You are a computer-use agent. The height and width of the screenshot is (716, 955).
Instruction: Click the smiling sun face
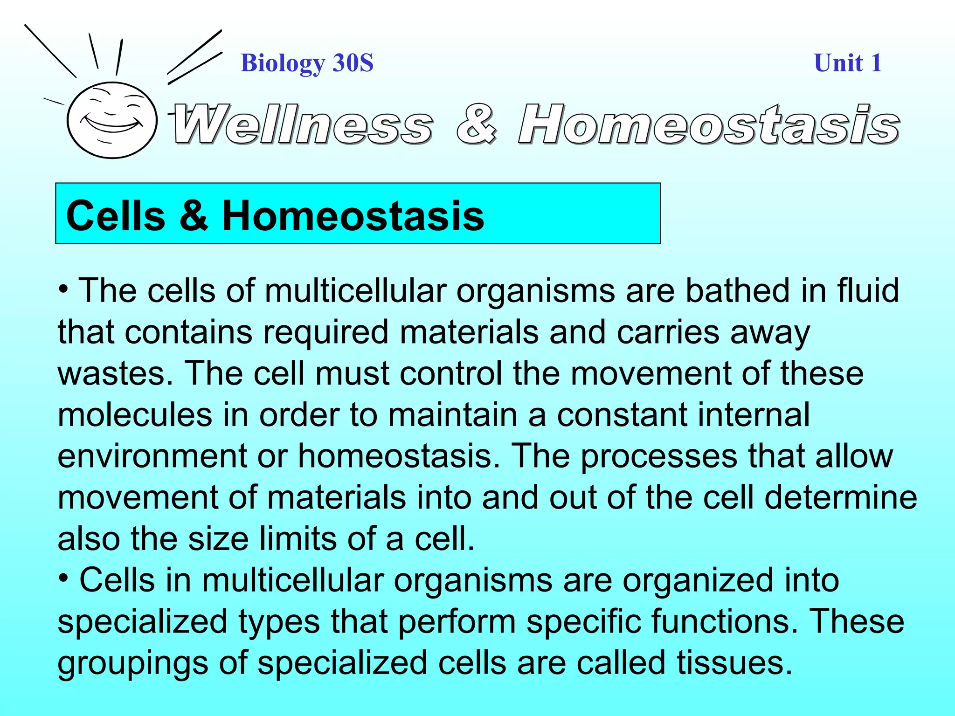coord(112,120)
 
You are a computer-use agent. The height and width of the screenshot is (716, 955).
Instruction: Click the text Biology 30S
coord(307,63)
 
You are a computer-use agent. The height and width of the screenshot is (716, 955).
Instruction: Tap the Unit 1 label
coord(847,63)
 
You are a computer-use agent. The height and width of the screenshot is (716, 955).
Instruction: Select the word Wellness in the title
coord(302,125)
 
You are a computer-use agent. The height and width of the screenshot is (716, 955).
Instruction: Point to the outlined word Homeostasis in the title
coord(709,125)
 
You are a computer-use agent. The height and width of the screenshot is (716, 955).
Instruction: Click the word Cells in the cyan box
coord(116,215)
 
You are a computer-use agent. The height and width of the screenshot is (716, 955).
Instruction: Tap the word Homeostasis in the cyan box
coord(353,215)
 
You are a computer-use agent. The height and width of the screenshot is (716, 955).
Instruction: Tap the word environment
coord(152,456)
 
